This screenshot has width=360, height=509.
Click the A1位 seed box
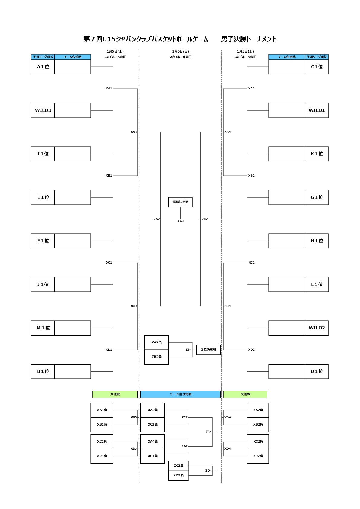[43, 67]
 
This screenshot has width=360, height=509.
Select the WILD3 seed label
[43, 110]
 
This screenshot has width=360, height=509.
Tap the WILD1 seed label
[316, 110]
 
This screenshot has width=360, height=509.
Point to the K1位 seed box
[316, 154]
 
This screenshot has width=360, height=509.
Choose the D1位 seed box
[316, 371]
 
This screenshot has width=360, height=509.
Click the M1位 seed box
[43, 328]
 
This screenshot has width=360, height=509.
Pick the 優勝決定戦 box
[180, 202]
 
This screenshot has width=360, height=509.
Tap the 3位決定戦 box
[208, 350]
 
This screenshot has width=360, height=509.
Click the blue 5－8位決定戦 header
[180, 394]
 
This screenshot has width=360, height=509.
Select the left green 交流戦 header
[115, 394]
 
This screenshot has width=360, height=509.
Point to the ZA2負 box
[156, 342]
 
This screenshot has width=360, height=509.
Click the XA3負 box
[152, 410]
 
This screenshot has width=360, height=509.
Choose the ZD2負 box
[178, 475]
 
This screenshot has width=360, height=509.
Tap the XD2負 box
[258, 456]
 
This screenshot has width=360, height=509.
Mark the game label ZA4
[181, 222]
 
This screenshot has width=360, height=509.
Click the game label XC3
[134, 306]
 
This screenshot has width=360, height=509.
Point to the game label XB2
[251, 176]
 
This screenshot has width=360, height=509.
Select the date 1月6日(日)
[181, 52]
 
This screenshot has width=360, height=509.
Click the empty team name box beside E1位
[73, 197]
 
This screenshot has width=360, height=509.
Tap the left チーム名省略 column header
[73, 57]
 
